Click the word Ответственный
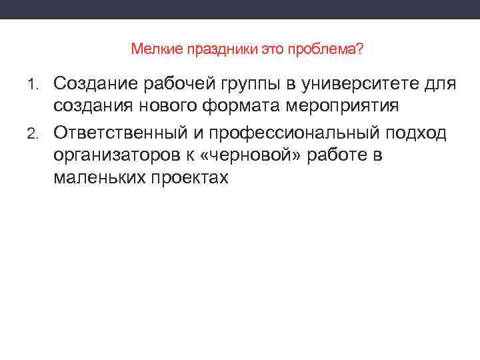pos(118,132)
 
